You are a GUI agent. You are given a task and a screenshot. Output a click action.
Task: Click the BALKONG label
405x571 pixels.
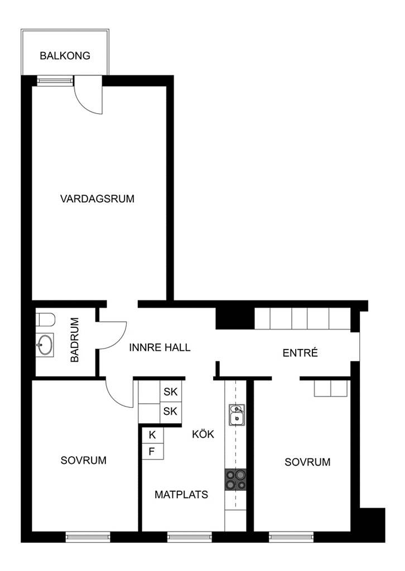coord(65,56)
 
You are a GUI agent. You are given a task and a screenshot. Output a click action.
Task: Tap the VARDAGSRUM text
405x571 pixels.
coord(97,199)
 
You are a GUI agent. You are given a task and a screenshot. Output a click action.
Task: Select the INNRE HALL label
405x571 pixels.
coord(160,347)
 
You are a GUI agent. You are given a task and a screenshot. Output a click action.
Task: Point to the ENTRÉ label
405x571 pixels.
coord(300,352)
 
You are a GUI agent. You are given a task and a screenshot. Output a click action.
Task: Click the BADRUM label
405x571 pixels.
coord(75,340)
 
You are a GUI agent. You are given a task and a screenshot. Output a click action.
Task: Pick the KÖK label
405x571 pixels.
coord(203,434)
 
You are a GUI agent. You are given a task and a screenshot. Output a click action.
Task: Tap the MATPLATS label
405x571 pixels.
coord(181,495)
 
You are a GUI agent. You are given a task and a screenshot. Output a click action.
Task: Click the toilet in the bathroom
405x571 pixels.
coord(46,320)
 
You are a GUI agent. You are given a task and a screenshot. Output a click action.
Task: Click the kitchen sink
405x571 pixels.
coord(237,415)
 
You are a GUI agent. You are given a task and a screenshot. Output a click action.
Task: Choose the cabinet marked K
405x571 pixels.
coord(153,435)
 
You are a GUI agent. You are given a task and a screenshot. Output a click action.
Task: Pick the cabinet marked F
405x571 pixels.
coord(153,452)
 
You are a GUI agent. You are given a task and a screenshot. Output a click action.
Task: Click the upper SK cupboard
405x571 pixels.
coord(171,392)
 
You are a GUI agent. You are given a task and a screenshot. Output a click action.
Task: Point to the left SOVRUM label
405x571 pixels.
coord(84,460)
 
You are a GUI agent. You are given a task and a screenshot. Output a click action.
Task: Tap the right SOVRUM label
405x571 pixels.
coord(307,462)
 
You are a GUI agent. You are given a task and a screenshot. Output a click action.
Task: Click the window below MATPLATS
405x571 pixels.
coord(189,536)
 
